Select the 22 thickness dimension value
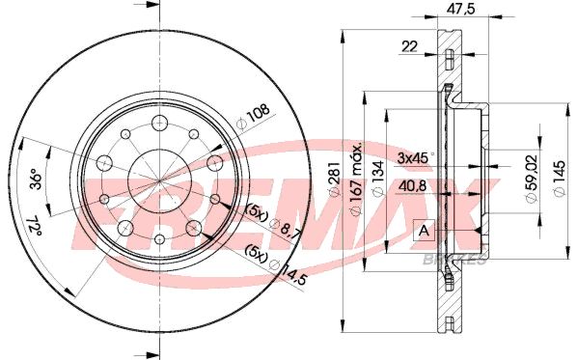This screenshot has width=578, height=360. [x=409, y=46]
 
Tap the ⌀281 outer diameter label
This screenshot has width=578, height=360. [x=334, y=179]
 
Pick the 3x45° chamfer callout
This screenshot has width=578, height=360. [x=415, y=158]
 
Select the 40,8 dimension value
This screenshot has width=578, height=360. [x=412, y=186]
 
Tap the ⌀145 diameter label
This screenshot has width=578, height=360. [x=560, y=179]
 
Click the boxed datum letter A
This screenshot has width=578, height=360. [x=424, y=231]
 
